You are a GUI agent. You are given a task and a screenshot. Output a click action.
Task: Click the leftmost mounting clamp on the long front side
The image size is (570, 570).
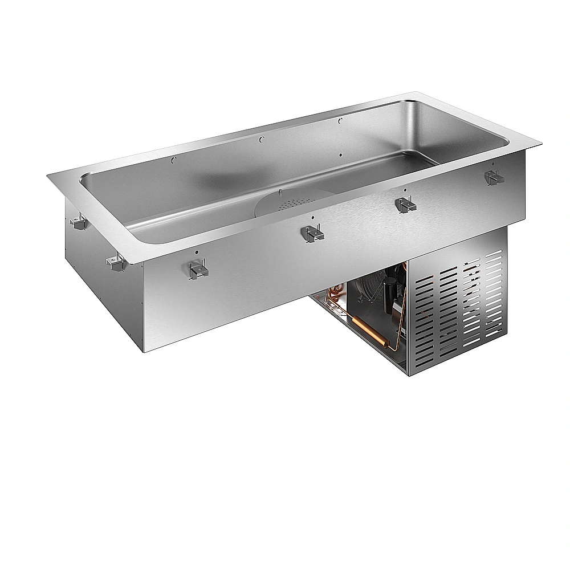(197, 269)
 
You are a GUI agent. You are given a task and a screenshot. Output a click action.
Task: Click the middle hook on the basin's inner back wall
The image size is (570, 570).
(260, 139)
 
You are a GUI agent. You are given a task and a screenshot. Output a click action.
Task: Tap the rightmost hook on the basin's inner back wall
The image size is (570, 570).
(340, 120)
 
